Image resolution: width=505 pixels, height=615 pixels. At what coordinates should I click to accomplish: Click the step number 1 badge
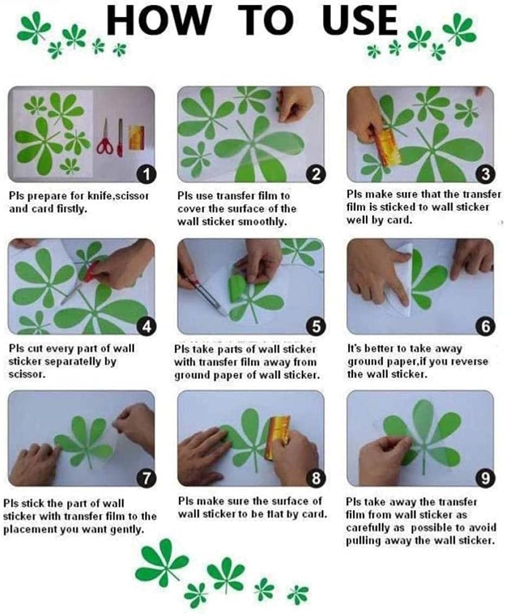[x=147, y=174]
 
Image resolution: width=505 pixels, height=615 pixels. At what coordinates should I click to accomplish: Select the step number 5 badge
[x=316, y=326]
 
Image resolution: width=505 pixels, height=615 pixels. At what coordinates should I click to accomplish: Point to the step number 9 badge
[x=486, y=478]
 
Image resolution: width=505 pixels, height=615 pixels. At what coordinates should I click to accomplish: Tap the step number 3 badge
[x=486, y=174]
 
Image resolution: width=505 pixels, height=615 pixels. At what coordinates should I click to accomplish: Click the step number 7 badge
[x=147, y=478]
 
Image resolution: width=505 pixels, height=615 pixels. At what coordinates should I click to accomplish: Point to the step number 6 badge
[x=486, y=326]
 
